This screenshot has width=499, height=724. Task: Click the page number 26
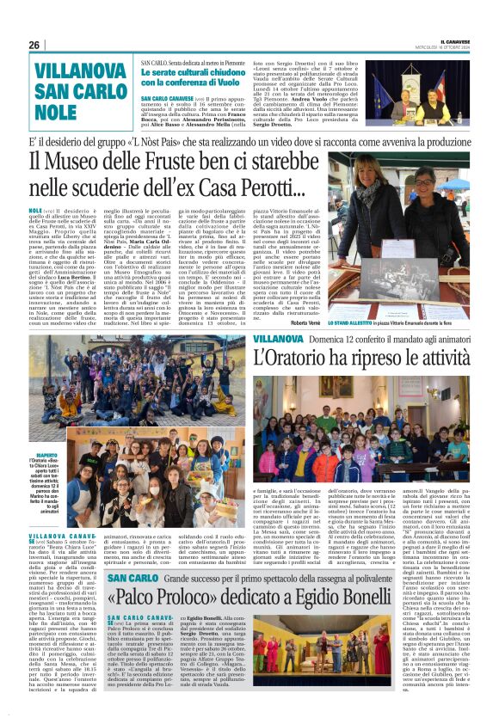point(34,45)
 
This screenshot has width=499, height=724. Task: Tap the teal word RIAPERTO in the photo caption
point(47,455)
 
